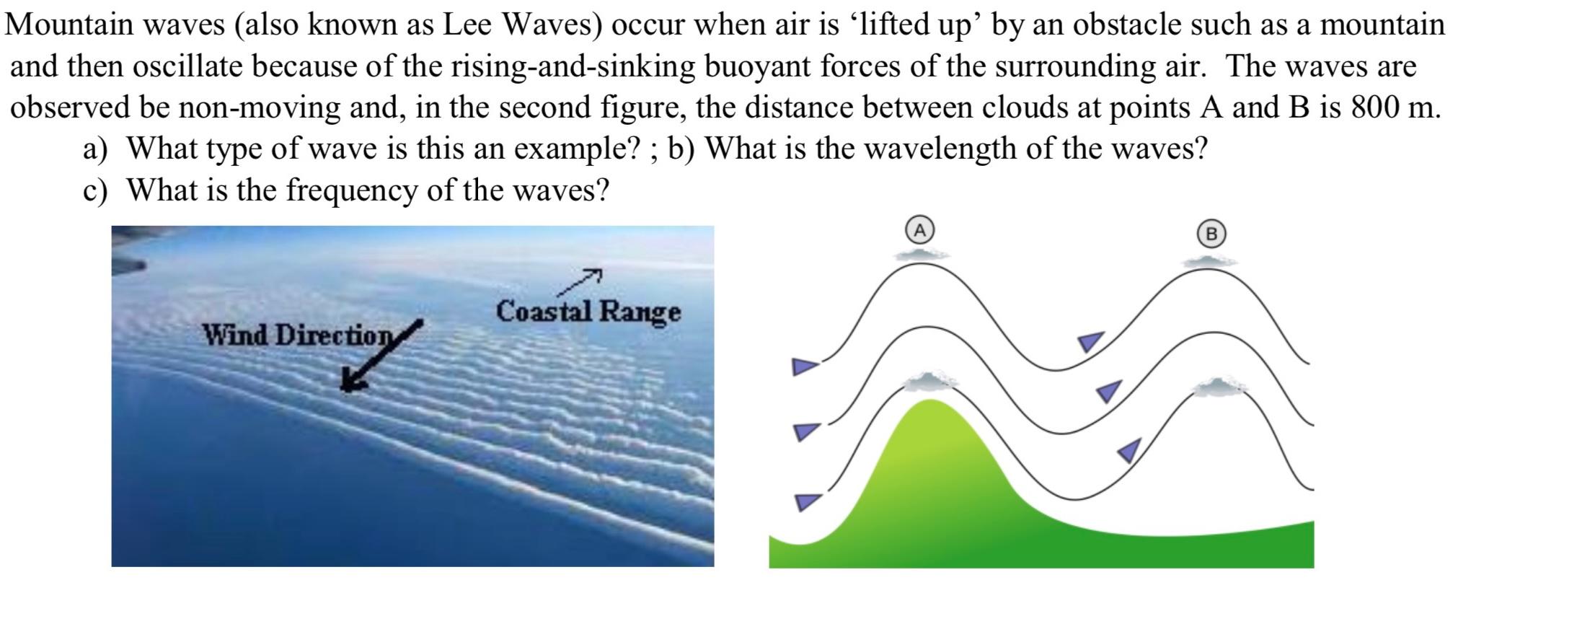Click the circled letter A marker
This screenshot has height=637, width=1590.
coord(919,231)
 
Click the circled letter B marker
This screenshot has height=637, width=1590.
coord(1211,234)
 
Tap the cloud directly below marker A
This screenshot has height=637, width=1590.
coord(921,254)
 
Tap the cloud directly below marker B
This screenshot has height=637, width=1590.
coord(1210,260)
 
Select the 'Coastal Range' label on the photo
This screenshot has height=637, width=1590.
coord(588,312)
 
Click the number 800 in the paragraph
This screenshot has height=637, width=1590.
coord(1377,107)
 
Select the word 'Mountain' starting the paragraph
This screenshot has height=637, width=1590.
coord(69,25)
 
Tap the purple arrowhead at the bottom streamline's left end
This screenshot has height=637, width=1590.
coord(807,501)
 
